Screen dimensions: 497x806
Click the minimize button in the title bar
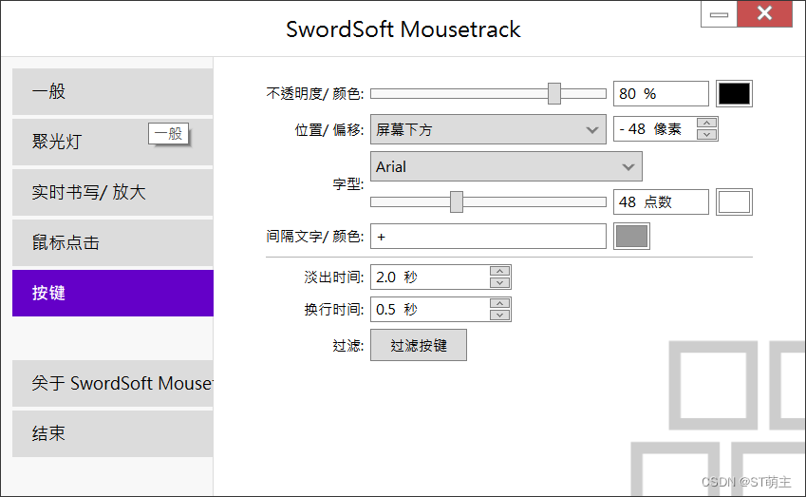coord(718,14)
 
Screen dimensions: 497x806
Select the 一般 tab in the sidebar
coord(112,92)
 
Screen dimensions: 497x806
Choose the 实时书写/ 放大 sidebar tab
coord(112,193)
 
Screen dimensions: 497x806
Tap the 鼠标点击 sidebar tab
coord(112,243)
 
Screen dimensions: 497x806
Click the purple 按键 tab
coord(112,294)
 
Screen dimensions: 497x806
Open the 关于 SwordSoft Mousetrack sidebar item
coord(112,383)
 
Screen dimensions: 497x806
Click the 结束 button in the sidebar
coord(112,433)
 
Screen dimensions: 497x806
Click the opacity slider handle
coord(554,93)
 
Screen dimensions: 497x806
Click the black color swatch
coord(734,93)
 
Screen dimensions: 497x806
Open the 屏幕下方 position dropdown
coord(488,129)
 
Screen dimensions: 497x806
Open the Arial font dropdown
coord(506,166)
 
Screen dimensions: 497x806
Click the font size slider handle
coord(457,201)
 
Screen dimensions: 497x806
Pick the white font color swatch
coord(734,201)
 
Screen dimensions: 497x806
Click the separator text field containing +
coord(488,236)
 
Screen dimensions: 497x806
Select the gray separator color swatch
coord(632,236)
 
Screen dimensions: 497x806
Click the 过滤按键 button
coord(419,345)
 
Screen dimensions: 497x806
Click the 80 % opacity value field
coord(661,93)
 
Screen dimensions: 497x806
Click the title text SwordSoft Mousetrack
coord(403,29)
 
